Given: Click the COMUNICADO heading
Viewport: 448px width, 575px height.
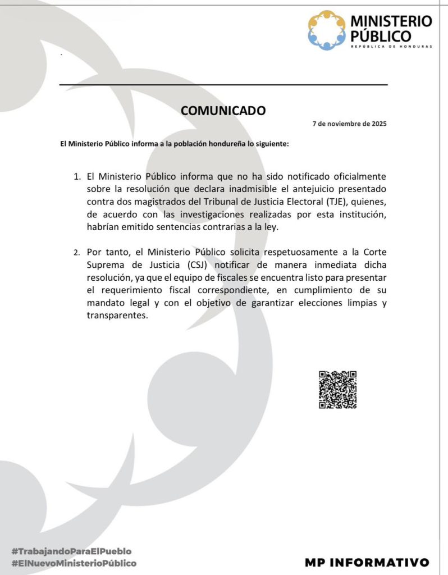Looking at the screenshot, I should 223,111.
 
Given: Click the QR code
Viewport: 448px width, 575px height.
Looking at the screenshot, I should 338,389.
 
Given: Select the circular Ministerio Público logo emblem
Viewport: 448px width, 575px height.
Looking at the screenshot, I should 327,30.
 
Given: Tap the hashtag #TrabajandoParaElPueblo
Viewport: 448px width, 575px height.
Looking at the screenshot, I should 71,551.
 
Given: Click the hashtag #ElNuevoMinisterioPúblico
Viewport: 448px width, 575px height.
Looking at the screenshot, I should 74,563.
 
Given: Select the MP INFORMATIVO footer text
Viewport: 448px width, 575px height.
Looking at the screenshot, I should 367,562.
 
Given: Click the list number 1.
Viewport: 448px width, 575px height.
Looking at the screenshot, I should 77,176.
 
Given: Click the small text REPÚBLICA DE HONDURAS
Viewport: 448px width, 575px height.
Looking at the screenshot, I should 391,46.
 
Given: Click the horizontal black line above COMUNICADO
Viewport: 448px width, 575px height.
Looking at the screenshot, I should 223,85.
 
